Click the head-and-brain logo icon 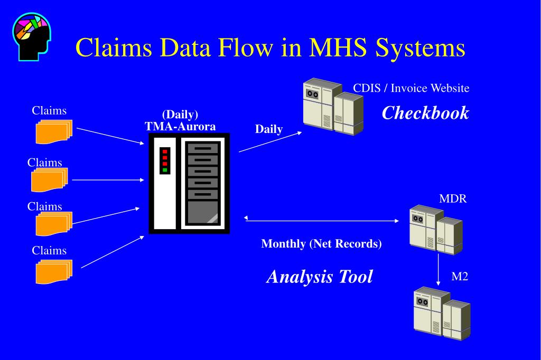[x=32, y=36]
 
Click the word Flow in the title [x=245, y=47]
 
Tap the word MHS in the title [x=338, y=47]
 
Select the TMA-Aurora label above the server [x=180, y=126]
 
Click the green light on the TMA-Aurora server [x=165, y=170]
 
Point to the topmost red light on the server [x=165, y=151]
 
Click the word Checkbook [x=425, y=113]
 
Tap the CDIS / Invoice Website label [x=411, y=88]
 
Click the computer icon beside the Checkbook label [x=333, y=107]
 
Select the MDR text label [x=453, y=198]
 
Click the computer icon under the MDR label [x=436, y=230]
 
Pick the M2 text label [x=460, y=277]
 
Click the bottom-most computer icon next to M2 [x=442, y=314]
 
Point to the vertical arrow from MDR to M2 [x=438, y=270]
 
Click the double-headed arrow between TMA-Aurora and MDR [x=321, y=220]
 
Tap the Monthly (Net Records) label [x=321, y=244]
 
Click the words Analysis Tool [x=320, y=277]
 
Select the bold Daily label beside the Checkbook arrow [x=269, y=129]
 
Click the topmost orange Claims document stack [x=54, y=132]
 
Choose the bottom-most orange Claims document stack [x=54, y=272]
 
